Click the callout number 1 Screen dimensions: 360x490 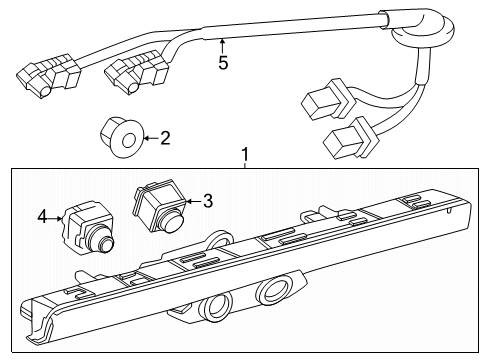click(x=243, y=156)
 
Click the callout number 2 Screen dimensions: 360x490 click(x=165, y=137)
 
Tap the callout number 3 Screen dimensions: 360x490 click(x=207, y=201)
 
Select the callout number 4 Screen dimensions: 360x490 click(x=42, y=214)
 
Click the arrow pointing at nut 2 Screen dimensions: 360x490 click(x=147, y=137)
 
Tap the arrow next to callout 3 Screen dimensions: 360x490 click(x=190, y=201)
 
